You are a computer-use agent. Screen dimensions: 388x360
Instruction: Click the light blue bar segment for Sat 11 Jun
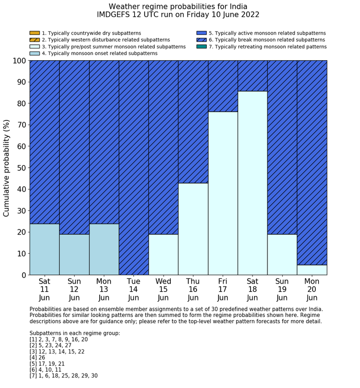coord(44,249)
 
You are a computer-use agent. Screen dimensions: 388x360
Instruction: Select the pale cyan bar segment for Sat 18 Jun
coord(253,183)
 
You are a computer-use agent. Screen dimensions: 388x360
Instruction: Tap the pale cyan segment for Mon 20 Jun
coord(312,270)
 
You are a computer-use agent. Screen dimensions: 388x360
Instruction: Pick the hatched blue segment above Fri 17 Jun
coord(223,86)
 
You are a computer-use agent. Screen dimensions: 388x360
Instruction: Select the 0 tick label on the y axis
coord(22,275)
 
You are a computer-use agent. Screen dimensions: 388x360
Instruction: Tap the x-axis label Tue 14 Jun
coord(134,290)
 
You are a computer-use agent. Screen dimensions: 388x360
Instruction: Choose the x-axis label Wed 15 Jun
coord(163,290)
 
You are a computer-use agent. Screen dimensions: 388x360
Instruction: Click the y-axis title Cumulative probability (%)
coord(7,168)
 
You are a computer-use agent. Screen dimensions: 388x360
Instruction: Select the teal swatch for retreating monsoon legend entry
coord(201,47)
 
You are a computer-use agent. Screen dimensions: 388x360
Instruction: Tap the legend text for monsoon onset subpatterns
coord(99,54)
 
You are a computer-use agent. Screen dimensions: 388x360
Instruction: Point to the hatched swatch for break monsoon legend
coord(201,40)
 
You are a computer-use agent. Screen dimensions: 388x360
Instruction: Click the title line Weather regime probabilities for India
coord(178,7)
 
